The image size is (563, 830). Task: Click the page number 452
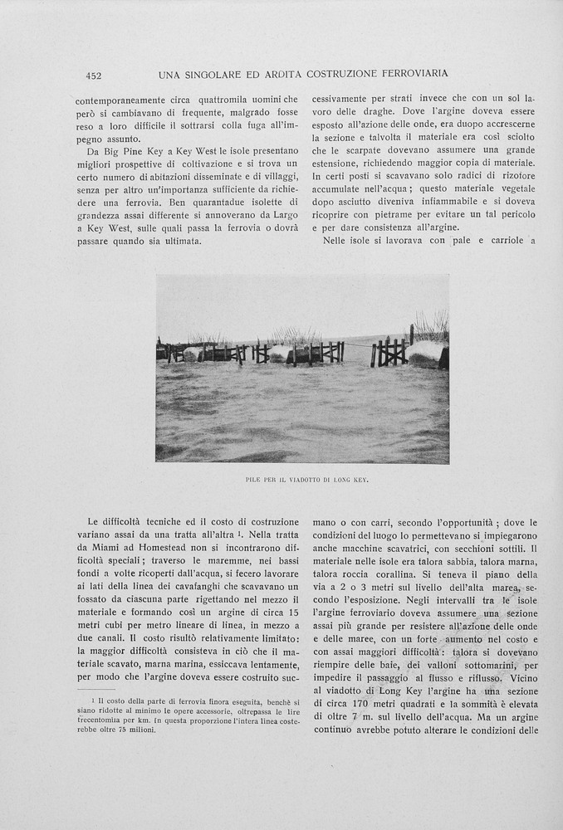click(94, 76)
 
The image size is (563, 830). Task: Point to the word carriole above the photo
click(504, 241)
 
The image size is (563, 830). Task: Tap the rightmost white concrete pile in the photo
click(427, 353)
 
